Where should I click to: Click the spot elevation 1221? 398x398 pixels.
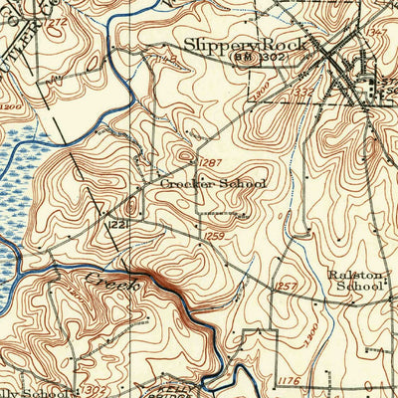point(116,227)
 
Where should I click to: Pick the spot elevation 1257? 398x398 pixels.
point(288,286)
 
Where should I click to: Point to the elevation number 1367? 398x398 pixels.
point(377,33)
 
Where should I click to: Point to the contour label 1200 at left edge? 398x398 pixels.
point(10,104)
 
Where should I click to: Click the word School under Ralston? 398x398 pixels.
point(359,288)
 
